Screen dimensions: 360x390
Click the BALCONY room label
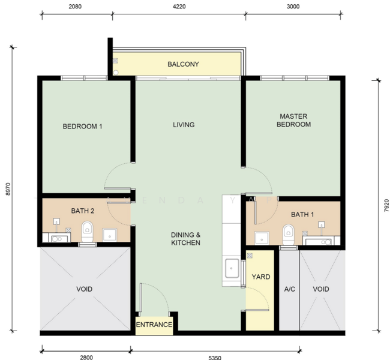[183, 64]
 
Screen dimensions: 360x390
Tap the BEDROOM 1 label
[83, 127]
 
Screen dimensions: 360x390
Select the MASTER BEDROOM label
[295, 120]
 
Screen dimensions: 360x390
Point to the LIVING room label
[184, 125]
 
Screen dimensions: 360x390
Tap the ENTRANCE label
[154, 325]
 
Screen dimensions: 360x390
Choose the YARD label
[260, 277]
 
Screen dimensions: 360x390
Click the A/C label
[289, 289]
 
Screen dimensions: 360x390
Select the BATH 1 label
[302, 214]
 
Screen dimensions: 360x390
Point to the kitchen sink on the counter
[231, 268]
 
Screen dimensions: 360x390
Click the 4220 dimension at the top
[179, 7]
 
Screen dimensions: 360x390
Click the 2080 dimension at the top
[75, 7]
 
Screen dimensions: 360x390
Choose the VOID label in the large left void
[85, 289]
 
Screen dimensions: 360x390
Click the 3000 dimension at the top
[293, 7]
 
